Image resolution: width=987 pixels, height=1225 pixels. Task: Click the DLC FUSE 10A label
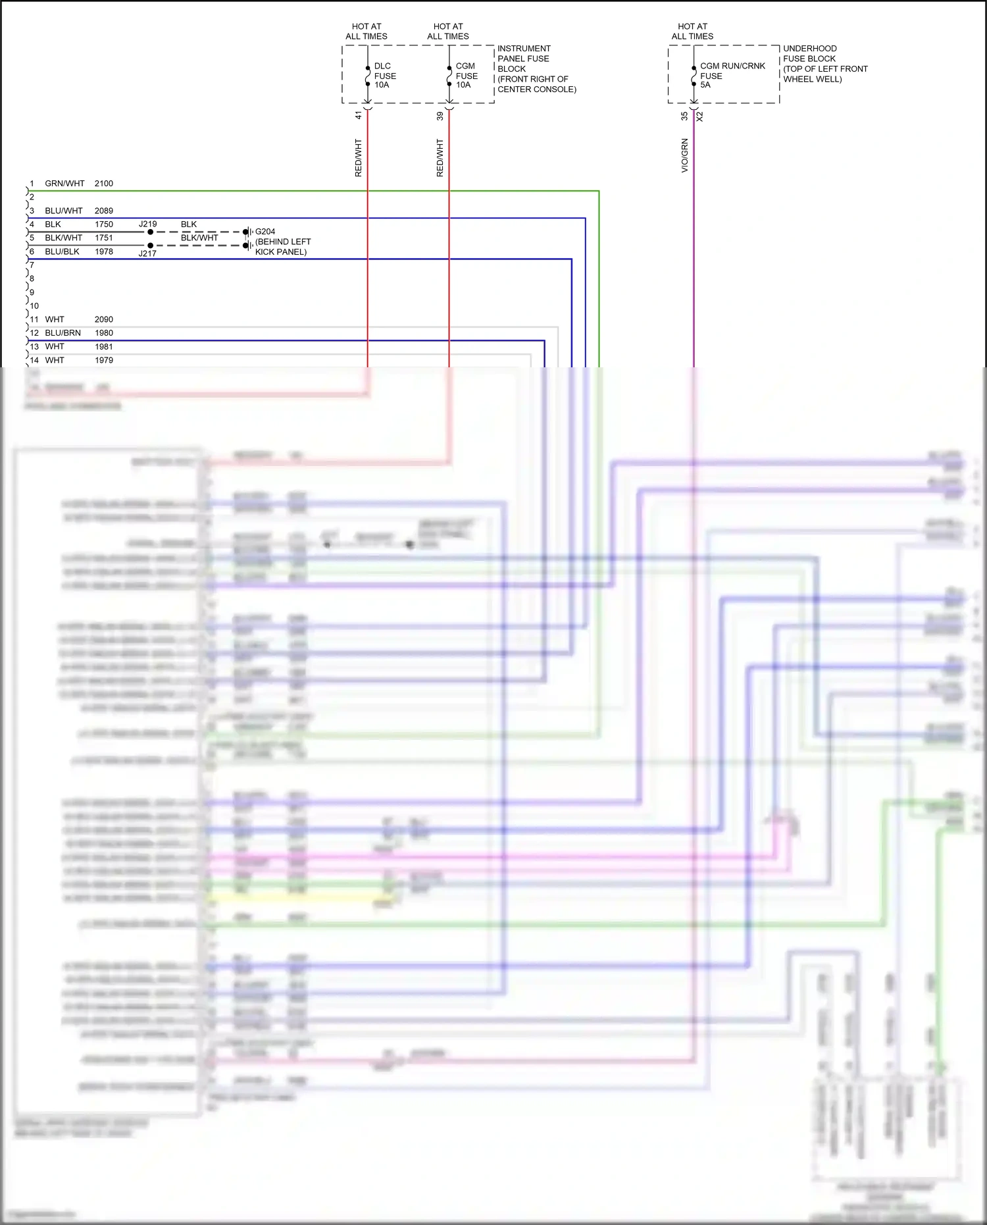pyautogui.click(x=385, y=75)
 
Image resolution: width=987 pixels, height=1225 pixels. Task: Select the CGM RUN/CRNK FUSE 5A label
pyautogui.click(x=732, y=75)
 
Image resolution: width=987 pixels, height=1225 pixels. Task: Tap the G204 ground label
pyautogui.click(x=265, y=232)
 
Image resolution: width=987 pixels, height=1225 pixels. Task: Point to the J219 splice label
pyautogui.click(x=148, y=224)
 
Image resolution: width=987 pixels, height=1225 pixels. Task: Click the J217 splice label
pyautogui.click(x=147, y=253)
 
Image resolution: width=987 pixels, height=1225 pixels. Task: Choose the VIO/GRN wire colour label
pyautogui.click(x=684, y=155)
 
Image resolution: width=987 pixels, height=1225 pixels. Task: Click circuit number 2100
pyautogui.click(x=104, y=184)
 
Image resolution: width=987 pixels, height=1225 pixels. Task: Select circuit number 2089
pyautogui.click(x=104, y=211)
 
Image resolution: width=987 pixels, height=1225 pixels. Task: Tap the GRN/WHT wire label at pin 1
pyautogui.click(x=64, y=184)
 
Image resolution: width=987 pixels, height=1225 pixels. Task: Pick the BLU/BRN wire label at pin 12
pyautogui.click(x=63, y=333)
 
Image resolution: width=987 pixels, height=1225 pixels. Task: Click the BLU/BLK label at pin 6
pyautogui.click(x=62, y=251)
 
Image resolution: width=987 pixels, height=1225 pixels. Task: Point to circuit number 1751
pyautogui.click(x=104, y=238)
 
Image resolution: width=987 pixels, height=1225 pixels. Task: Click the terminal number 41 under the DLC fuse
pyautogui.click(x=359, y=115)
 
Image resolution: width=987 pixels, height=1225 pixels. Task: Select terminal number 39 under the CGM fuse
pyautogui.click(x=440, y=116)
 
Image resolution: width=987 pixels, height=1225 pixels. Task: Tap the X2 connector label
pyautogui.click(x=700, y=117)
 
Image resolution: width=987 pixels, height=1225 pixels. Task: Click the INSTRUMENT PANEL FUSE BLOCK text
pyautogui.click(x=536, y=68)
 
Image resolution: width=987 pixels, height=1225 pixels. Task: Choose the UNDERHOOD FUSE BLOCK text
pyautogui.click(x=824, y=63)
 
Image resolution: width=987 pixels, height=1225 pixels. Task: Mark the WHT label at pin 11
pyautogui.click(x=55, y=319)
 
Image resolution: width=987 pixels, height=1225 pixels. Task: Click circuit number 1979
pyautogui.click(x=104, y=360)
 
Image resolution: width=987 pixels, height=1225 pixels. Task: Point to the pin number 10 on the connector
pyautogui.click(x=34, y=306)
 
